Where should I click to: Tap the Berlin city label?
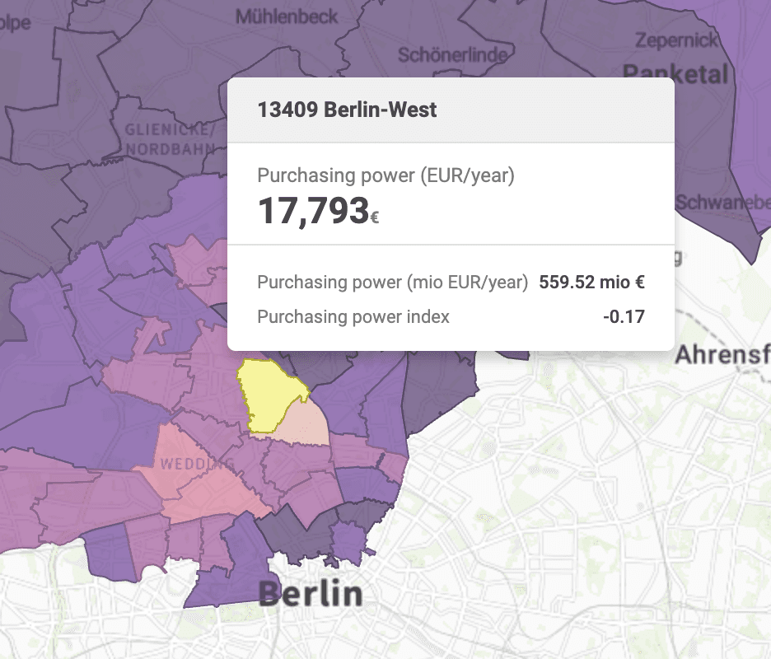point(310,593)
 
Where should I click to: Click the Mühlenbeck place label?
point(287,16)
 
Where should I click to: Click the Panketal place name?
point(676,73)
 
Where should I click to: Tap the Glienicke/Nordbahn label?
point(170,139)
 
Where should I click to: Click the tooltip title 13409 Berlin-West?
point(347,110)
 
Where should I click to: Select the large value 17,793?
point(313,211)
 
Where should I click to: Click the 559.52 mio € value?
point(591,283)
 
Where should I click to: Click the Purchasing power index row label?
point(353,316)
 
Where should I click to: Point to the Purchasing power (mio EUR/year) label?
point(392,283)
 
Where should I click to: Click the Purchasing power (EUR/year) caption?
point(385,175)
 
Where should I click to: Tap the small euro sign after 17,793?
point(375,218)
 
